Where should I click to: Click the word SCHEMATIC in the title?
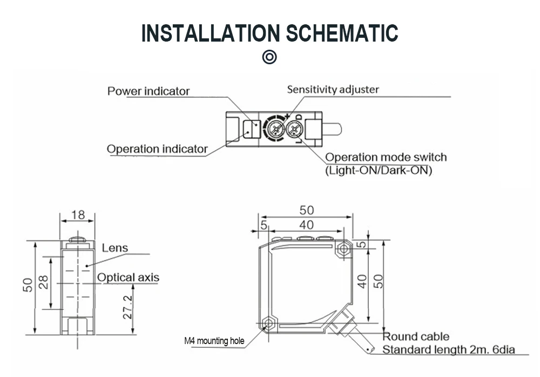click(x=342, y=33)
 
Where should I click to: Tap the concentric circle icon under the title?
click(x=269, y=57)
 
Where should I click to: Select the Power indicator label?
click(x=148, y=91)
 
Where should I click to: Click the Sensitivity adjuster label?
click(x=333, y=90)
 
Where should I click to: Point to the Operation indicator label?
click(x=157, y=149)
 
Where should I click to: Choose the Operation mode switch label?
click(x=386, y=157)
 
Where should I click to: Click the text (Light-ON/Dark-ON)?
click(x=379, y=170)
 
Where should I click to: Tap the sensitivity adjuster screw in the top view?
click(x=276, y=130)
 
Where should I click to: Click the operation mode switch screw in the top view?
click(x=294, y=130)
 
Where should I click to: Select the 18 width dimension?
click(x=78, y=215)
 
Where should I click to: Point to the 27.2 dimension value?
click(x=127, y=307)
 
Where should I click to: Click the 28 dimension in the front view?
click(x=43, y=282)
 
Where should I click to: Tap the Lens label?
click(x=114, y=248)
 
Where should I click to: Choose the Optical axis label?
click(x=128, y=278)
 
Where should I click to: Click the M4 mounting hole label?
click(x=214, y=341)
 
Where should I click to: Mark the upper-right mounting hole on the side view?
click(x=343, y=249)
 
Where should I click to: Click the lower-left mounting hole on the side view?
click(x=268, y=323)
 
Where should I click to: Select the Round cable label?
click(x=416, y=336)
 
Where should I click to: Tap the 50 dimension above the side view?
click(x=307, y=210)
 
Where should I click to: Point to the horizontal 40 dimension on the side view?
click(x=306, y=225)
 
